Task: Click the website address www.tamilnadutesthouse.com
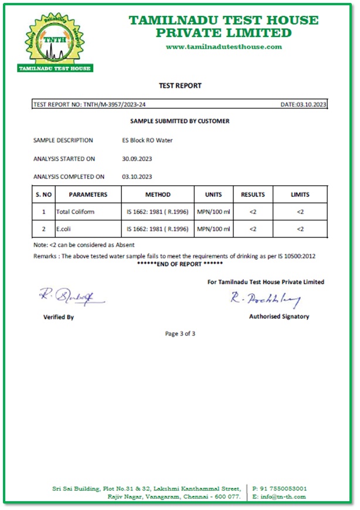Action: pyautogui.click(x=223, y=47)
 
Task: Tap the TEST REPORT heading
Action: pyautogui.click(x=180, y=86)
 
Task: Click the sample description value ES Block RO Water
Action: pyautogui.click(x=144, y=141)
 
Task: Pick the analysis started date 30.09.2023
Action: pyautogui.click(x=137, y=159)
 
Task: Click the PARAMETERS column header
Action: pyautogui.click(x=88, y=195)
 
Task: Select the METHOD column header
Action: pyautogui.click(x=158, y=195)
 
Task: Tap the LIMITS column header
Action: pyautogui.click(x=300, y=195)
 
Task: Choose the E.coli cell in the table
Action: pyautogui.click(x=65, y=229)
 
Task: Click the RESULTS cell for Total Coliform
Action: pyautogui.click(x=253, y=212)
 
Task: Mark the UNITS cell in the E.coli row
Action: pyautogui.click(x=213, y=229)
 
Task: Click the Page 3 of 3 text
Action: pyautogui.click(x=180, y=334)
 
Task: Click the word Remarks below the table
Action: pyautogui.click(x=46, y=256)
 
